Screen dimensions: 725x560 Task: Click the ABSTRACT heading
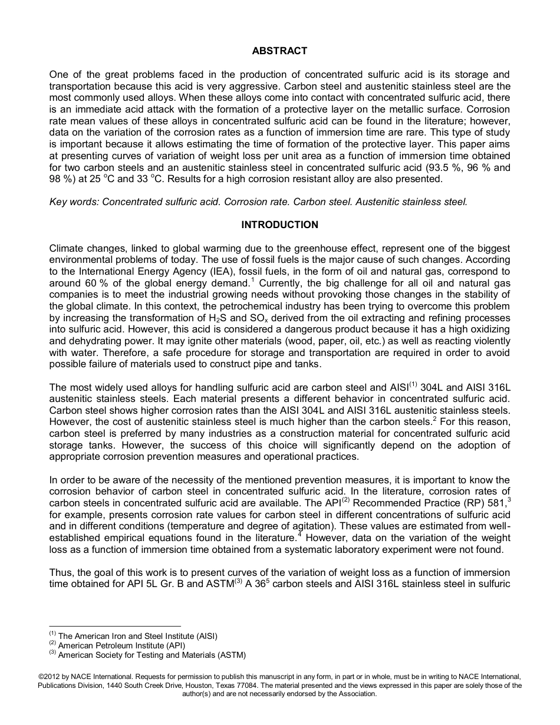(279, 51)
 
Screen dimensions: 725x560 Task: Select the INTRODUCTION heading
(279, 225)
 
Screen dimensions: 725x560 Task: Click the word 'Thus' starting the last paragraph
(60, 573)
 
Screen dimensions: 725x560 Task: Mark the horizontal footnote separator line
(115, 627)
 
